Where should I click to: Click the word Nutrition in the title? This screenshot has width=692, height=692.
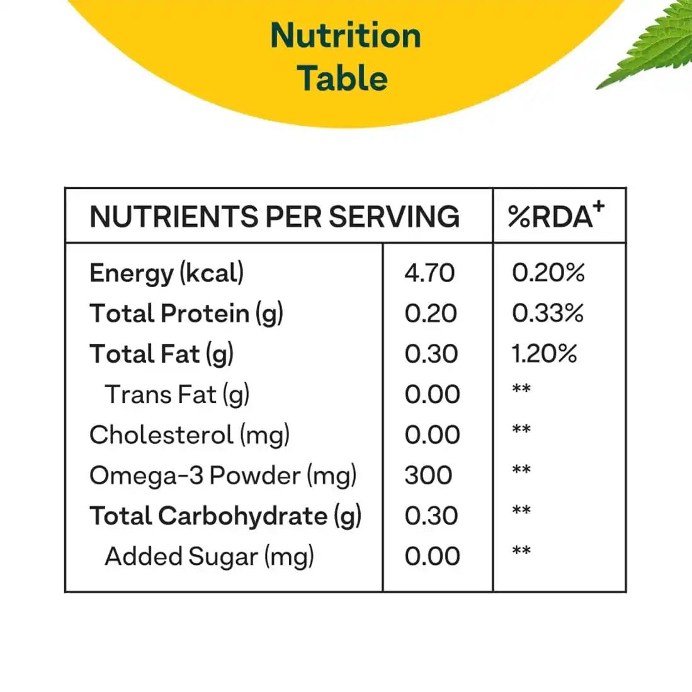point(346,35)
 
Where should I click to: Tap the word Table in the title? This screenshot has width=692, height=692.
point(343,79)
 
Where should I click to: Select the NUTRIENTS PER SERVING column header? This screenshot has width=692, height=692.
point(275,217)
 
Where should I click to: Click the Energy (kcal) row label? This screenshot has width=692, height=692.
point(167,273)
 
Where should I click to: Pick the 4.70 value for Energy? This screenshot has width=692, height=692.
point(429,273)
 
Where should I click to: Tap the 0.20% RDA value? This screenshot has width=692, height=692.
point(548,273)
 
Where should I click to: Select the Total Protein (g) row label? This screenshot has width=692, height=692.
point(186,314)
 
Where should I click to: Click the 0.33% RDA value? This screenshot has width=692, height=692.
point(547,314)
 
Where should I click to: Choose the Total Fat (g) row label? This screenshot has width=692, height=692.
point(162,354)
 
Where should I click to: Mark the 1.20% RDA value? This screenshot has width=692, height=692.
point(544,354)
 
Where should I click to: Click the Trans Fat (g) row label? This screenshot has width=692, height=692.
point(177,395)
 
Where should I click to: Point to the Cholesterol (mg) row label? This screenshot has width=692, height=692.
point(190,435)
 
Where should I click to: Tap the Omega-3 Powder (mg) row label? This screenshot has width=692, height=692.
point(223,475)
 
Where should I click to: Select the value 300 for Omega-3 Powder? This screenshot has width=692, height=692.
point(428,475)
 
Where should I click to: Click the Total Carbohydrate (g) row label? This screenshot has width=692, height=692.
point(225,516)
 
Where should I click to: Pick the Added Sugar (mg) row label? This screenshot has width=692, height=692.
point(209,557)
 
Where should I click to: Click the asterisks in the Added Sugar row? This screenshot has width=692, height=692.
point(521,552)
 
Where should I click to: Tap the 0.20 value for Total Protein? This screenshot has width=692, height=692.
point(431,314)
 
